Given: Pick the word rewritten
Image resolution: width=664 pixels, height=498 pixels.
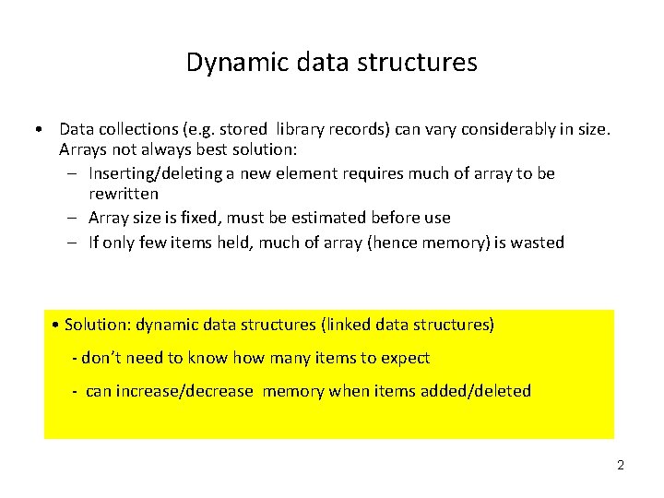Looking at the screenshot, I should (124, 194).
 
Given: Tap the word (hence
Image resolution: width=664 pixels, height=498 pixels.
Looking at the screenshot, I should (414, 243).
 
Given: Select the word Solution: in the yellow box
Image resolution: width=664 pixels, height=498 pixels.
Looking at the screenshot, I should (99, 325).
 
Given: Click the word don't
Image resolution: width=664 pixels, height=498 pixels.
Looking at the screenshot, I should (102, 358).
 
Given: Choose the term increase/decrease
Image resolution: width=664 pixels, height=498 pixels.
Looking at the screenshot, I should (169, 391).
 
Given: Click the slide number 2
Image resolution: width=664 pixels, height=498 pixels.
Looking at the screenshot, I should (621, 465).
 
